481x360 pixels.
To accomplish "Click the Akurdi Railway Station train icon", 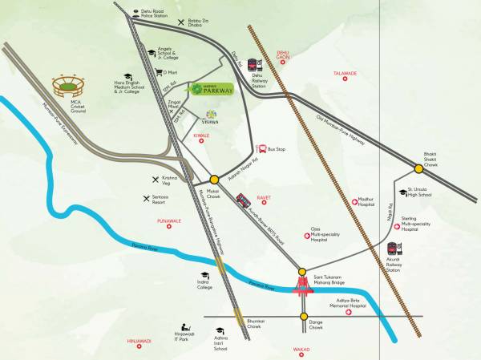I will tap(392, 249).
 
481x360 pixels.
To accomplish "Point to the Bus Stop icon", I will tap(261, 148).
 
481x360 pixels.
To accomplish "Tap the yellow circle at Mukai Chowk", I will tap(214, 180).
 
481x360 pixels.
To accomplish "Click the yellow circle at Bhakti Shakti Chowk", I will tap(419, 168).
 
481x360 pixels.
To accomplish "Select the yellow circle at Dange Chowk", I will tap(302, 316).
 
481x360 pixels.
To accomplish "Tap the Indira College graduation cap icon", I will tap(204, 275).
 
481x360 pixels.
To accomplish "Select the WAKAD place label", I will tap(301, 350).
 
